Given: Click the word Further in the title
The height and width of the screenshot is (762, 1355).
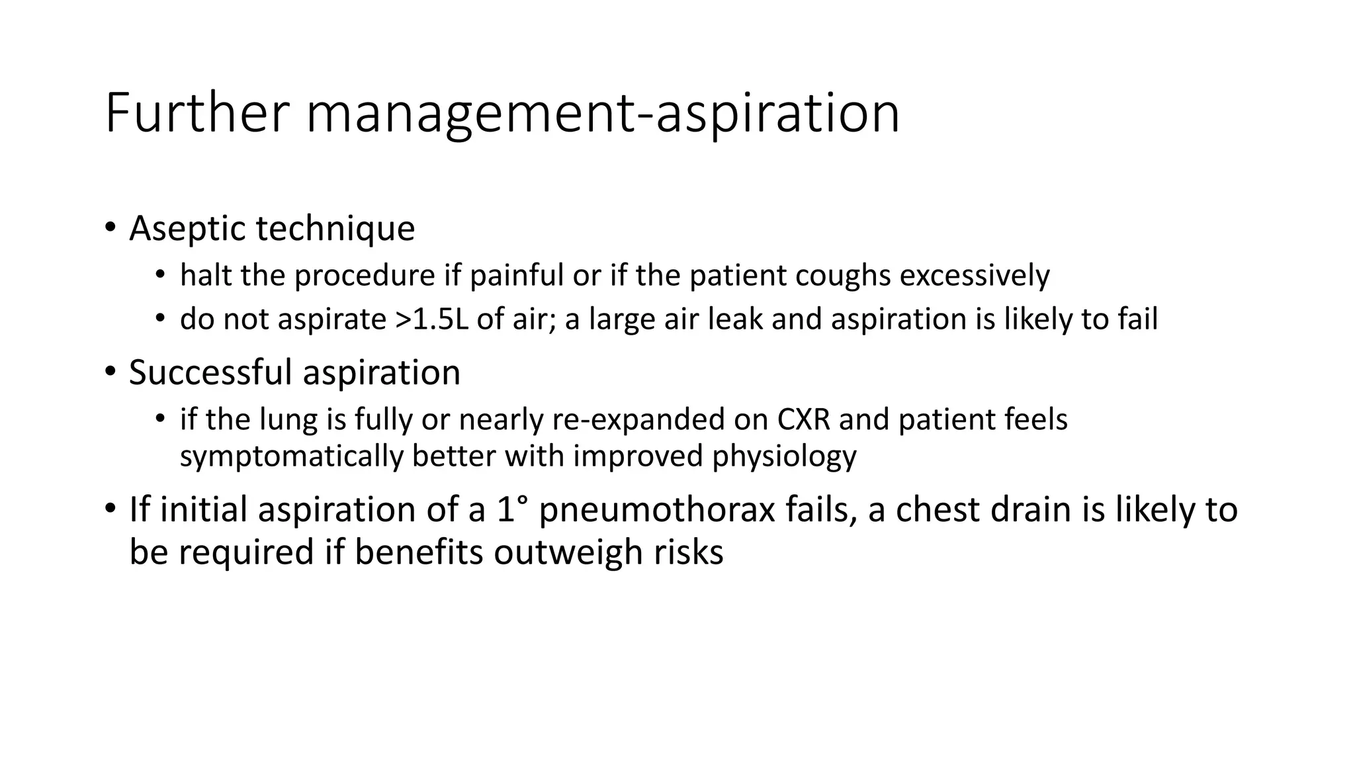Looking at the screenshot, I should (x=197, y=113).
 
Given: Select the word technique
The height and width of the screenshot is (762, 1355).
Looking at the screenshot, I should (x=335, y=229).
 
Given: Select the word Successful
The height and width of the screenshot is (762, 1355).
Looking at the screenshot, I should (x=210, y=372).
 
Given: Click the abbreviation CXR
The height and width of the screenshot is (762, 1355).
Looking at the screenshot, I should (x=803, y=420).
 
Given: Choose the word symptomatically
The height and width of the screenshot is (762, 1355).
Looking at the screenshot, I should (x=291, y=456).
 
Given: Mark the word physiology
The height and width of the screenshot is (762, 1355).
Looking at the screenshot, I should (x=784, y=456).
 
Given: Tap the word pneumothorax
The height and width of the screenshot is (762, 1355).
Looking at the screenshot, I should (x=656, y=510).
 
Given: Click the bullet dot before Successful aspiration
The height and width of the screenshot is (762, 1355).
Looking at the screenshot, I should (x=109, y=372).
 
